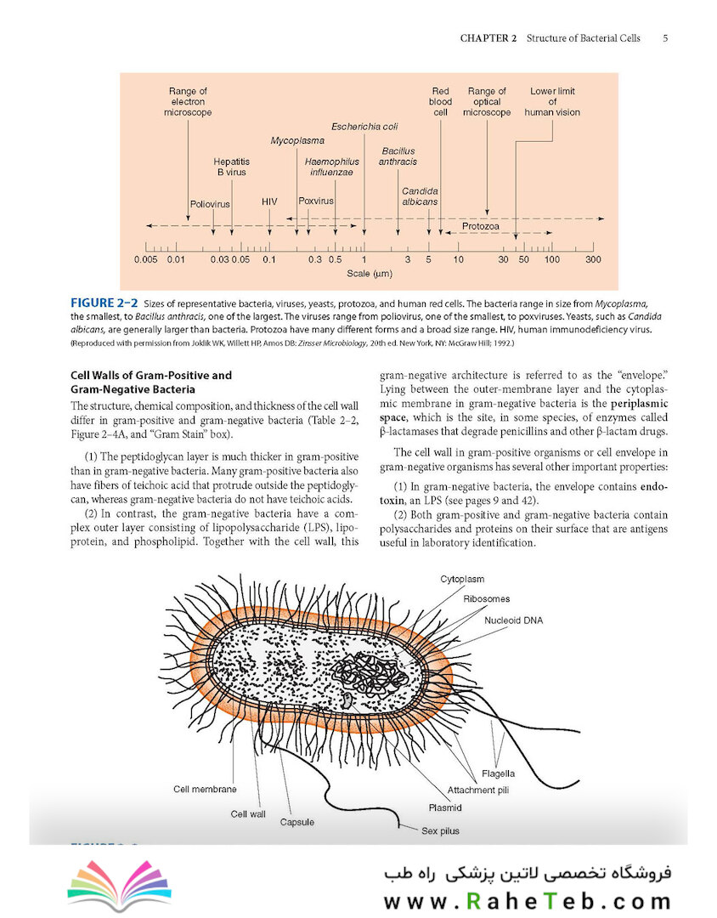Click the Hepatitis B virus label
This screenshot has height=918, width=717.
point(231,167)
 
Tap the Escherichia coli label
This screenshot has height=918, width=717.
point(364,127)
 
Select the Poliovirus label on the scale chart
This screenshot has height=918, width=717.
point(210,204)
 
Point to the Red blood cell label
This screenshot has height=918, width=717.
point(440,101)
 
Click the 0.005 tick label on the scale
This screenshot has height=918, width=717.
point(146,259)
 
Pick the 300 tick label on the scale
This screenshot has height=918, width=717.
point(593,259)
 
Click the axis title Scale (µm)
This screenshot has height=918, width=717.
point(370,274)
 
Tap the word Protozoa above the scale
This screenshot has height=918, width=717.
point(481,226)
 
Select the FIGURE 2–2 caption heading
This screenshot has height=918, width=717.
point(104,303)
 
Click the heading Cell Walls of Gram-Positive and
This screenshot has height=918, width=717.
point(151,376)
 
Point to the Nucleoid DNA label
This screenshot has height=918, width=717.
point(513,620)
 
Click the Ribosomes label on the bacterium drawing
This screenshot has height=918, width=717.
point(487,599)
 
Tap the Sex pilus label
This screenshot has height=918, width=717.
point(440,830)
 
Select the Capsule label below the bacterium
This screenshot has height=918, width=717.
point(296,822)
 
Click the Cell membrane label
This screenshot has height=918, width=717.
point(205,789)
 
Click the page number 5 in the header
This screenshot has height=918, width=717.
point(665,38)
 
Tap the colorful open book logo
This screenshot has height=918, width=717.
point(120,885)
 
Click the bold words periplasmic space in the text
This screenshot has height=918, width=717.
point(524,411)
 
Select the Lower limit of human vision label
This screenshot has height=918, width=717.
point(552,101)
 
